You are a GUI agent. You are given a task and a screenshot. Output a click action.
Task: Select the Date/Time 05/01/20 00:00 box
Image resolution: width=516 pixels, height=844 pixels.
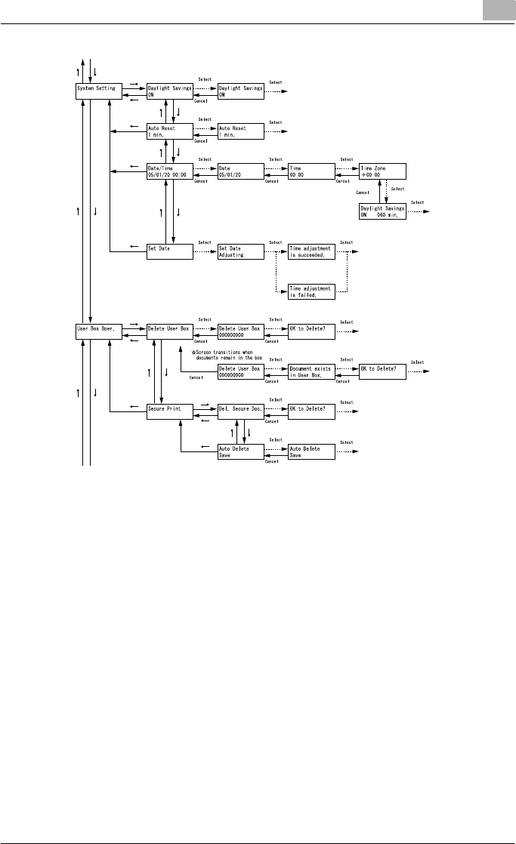(170, 171)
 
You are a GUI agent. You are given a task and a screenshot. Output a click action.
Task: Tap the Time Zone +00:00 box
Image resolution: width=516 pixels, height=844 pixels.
(383, 171)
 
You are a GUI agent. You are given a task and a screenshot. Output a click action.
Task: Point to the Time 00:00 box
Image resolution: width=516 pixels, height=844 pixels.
(311, 171)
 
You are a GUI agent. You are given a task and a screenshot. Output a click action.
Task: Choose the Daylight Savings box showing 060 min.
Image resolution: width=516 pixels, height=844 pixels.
(383, 211)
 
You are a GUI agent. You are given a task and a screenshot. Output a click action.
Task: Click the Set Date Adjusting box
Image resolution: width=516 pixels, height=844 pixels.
(240, 252)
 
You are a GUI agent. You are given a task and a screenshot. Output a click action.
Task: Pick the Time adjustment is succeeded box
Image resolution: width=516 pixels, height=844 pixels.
(311, 252)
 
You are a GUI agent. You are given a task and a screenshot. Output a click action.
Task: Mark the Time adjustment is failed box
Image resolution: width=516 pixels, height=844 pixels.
(311, 292)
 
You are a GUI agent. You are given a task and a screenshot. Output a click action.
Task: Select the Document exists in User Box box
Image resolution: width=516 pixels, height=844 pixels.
(311, 371)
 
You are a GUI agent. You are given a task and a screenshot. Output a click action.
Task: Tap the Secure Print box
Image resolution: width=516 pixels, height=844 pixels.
(170, 411)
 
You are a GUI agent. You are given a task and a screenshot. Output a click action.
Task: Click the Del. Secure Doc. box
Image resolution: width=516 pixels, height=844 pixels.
(240, 411)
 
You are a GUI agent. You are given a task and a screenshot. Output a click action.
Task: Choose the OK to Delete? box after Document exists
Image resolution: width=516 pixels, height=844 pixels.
(383, 371)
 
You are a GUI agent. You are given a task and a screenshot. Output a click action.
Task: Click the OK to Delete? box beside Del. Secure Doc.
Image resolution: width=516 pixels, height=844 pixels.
(311, 411)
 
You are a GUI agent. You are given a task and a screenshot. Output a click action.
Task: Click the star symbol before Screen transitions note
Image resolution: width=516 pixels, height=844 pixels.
(194, 350)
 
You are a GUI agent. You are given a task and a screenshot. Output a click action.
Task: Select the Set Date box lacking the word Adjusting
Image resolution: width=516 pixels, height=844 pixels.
(170, 252)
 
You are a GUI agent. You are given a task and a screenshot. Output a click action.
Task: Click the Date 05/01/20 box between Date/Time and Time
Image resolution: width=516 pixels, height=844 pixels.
(240, 171)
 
